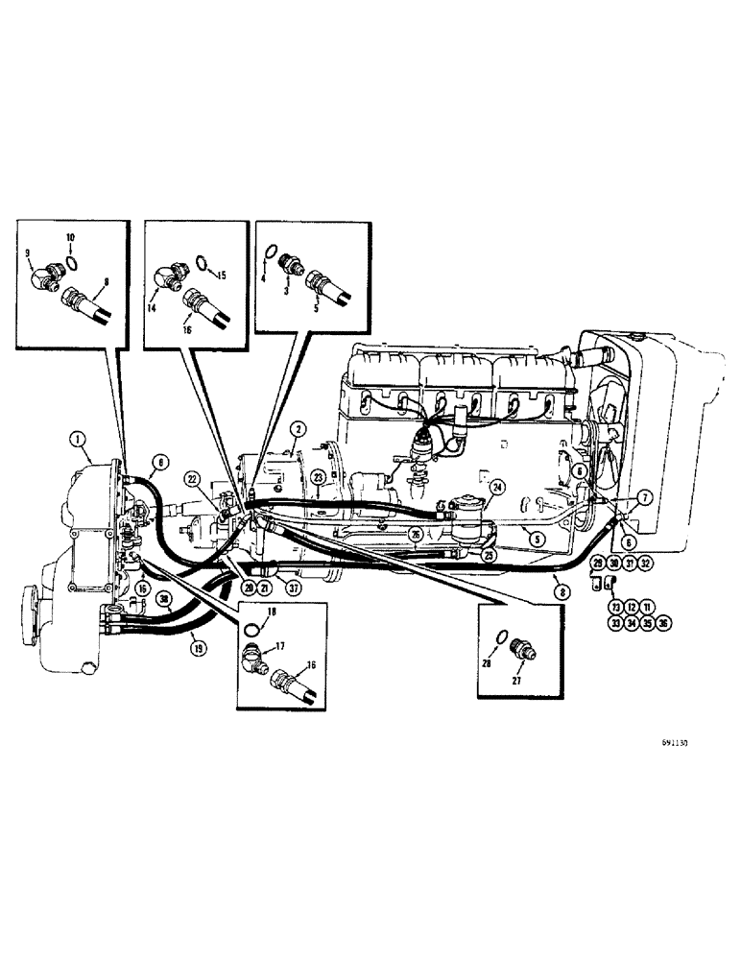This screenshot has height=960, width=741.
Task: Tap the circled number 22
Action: click(x=192, y=480)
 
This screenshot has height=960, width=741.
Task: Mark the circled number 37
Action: click(x=278, y=588)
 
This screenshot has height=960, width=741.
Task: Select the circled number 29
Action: click(x=597, y=564)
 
